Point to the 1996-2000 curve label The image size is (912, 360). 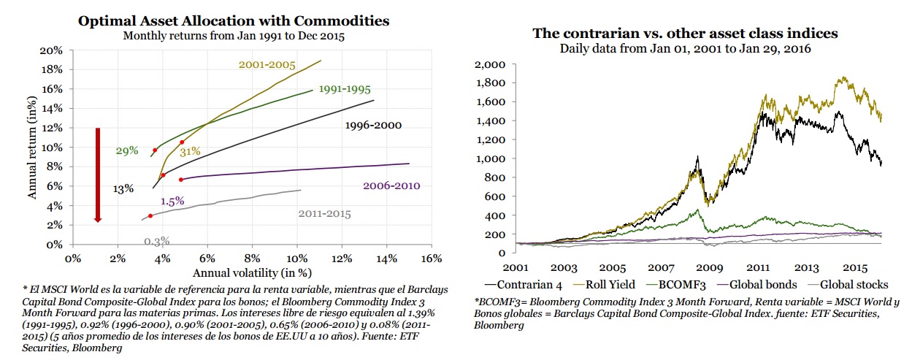[372, 126]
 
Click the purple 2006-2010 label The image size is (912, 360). [391, 185]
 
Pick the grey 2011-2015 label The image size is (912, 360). [324, 214]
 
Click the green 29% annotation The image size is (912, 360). [127, 151]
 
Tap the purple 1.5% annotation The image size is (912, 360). [172, 201]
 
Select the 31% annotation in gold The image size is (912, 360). [190, 151]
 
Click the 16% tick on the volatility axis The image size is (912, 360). [432, 258]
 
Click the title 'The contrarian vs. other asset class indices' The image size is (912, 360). [684, 34]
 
